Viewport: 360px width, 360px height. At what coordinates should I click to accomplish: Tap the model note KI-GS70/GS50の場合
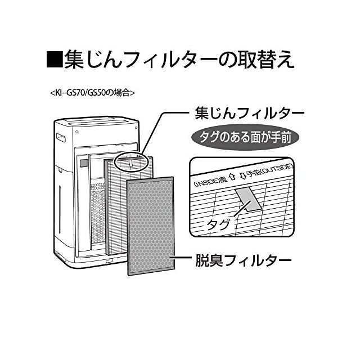pos(93,92)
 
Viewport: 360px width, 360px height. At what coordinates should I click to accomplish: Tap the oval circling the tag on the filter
pos(130,161)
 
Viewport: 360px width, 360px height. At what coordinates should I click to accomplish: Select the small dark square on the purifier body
pos(84,163)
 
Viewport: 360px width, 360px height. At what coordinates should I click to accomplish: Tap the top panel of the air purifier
pos(96,121)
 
